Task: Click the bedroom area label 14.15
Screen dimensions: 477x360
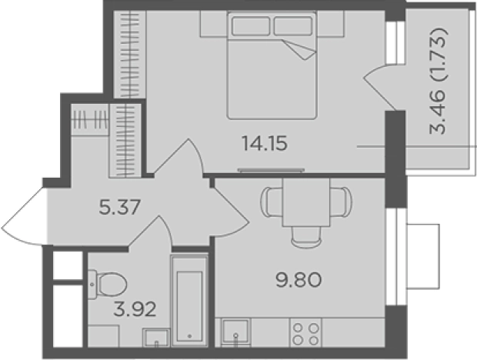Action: point(265,144)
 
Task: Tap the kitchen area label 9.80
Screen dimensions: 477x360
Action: point(299,280)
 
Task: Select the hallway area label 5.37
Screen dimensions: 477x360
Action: point(120,207)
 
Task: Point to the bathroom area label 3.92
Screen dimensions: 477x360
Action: point(135,309)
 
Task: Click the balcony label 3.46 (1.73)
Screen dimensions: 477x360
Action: point(438,81)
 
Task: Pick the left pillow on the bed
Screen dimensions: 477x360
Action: point(251,26)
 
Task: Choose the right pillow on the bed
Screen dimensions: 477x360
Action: point(293,26)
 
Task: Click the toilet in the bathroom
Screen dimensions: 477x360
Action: point(108,285)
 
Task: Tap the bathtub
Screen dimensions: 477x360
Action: point(189,301)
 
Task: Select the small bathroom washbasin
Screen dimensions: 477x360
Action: point(156,338)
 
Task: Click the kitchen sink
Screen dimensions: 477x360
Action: point(235,332)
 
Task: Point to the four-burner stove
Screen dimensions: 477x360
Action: point(305,333)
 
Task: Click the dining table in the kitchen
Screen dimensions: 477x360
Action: point(306,202)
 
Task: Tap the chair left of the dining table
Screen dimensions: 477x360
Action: point(272,202)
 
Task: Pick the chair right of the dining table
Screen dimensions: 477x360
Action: point(341,202)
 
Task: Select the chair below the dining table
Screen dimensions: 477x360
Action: point(306,237)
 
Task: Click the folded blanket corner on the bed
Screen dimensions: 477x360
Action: point(300,49)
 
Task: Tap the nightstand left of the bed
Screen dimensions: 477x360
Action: point(214,24)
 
